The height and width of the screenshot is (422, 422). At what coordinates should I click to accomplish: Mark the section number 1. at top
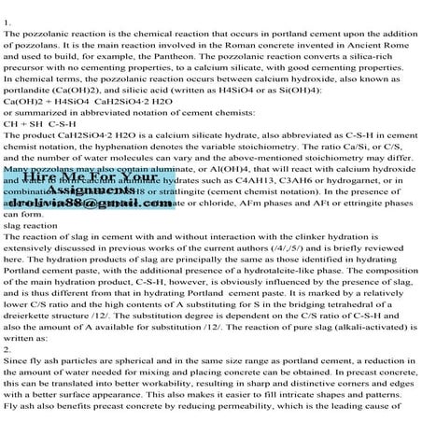click(8, 20)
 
